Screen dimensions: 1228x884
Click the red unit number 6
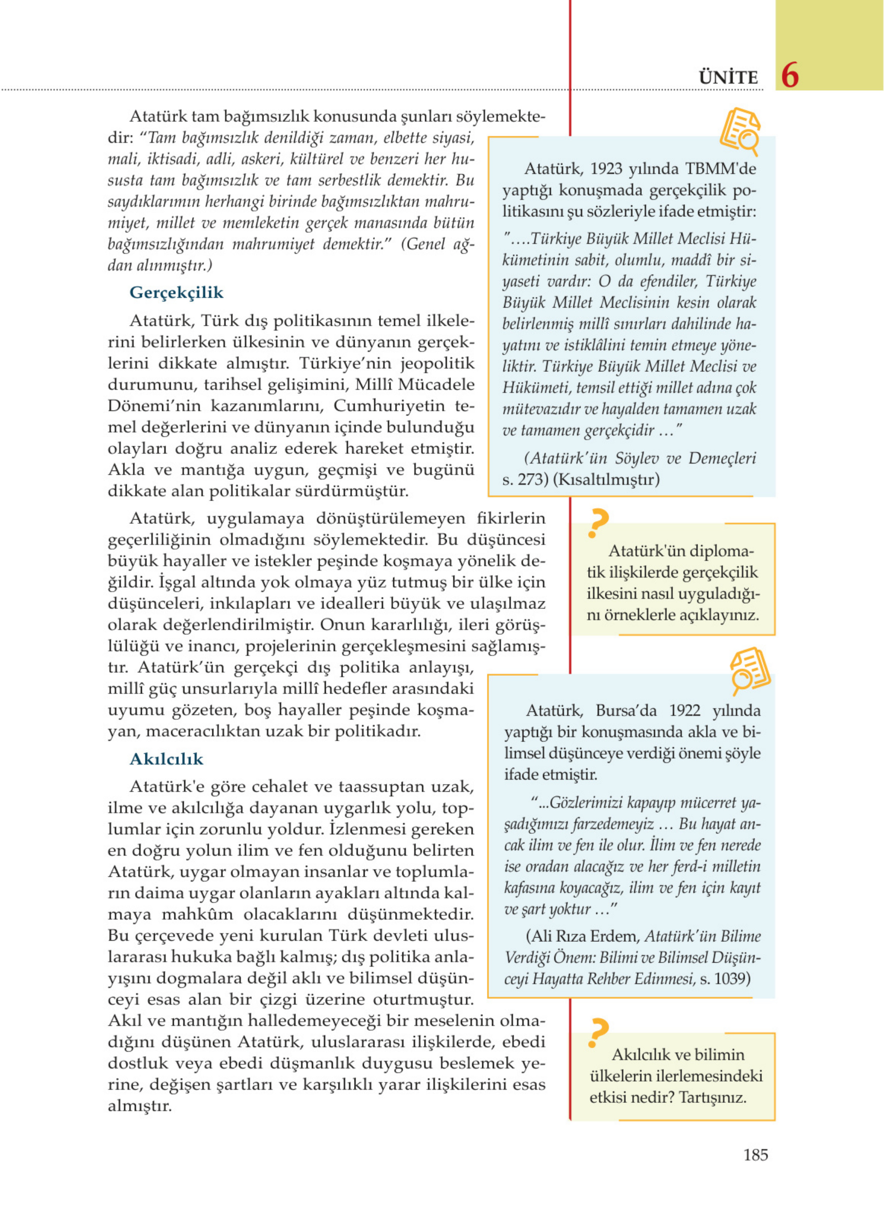[790, 75]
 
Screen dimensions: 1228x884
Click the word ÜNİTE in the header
[728, 78]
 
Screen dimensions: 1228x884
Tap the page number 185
[755, 1155]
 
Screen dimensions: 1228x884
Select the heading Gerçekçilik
[176, 292]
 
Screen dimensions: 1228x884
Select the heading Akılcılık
[166, 758]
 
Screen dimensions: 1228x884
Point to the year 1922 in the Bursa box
[685, 710]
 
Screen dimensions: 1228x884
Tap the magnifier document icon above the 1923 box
[740, 130]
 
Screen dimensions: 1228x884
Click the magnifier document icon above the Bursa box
[750, 669]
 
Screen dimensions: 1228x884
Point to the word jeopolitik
[437, 363]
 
